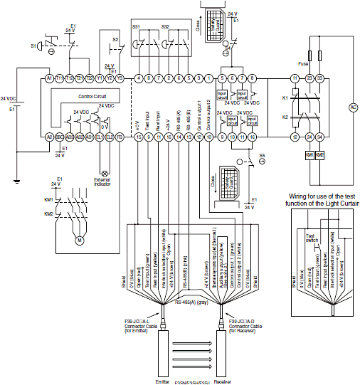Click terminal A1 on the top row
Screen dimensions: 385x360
pyautogui.click(x=49, y=78)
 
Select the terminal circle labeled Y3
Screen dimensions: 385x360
pyautogui.click(x=120, y=78)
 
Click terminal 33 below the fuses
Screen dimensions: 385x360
pyautogui.click(x=321, y=78)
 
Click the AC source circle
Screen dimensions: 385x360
pyautogui.click(x=351, y=107)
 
